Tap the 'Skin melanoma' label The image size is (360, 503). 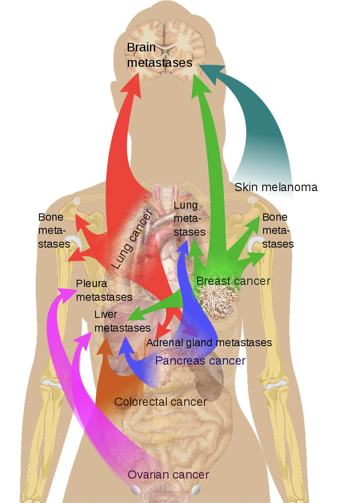click(x=276, y=187)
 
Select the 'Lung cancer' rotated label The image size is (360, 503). click(x=132, y=240)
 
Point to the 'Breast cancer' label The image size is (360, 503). click(x=233, y=281)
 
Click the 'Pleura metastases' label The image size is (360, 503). click(x=104, y=290)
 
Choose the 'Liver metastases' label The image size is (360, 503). click(x=122, y=321)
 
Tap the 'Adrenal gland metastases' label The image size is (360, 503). click(x=209, y=343)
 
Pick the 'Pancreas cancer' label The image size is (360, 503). click(x=200, y=361)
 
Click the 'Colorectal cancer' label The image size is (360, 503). click(x=161, y=402)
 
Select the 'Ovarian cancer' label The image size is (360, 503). click(x=168, y=475)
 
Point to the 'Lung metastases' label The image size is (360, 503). click(x=189, y=219)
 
